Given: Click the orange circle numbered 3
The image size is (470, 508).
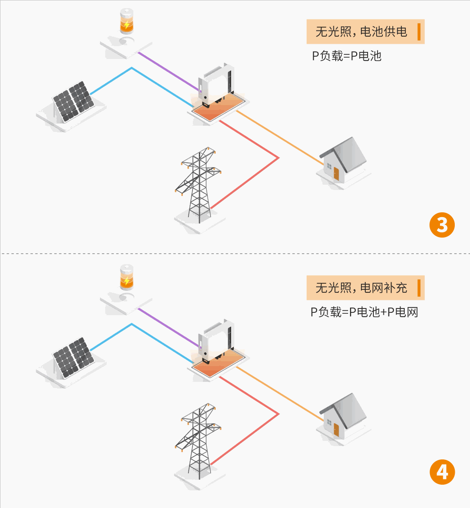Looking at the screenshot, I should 442,225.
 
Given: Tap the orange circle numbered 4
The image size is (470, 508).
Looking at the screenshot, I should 442,472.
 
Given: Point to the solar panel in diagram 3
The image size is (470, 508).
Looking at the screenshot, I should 73,101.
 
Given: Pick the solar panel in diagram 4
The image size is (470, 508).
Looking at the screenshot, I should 73,358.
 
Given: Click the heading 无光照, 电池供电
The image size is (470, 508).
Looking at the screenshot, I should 361,32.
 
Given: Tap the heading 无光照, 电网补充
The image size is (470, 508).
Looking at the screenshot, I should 361,288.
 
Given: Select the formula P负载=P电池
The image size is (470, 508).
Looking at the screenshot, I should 347,56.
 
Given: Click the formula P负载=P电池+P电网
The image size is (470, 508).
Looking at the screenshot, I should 364,312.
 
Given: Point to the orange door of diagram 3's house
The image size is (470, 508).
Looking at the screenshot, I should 336,173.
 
